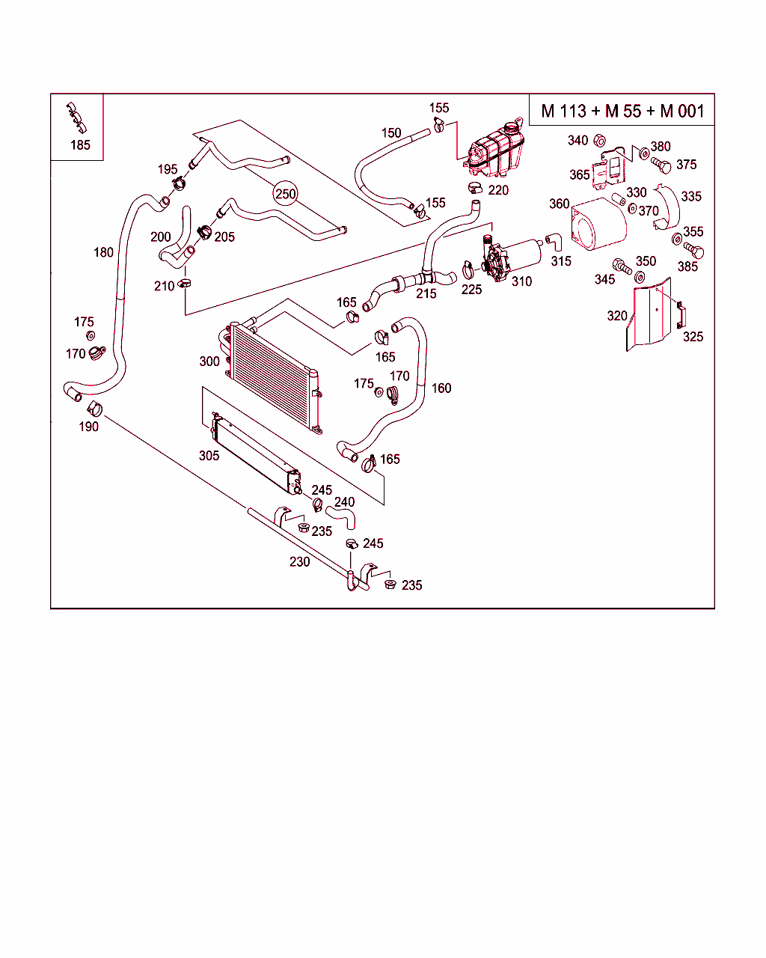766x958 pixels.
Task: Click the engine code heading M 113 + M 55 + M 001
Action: (x=622, y=111)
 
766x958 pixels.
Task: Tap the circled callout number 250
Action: (x=285, y=194)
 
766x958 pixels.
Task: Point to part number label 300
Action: (x=209, y=361)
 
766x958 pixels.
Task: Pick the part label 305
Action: (x=209, y=455)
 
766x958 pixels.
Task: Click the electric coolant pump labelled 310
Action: (x=511, y=260)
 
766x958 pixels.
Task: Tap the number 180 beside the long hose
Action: (x=103, y=252)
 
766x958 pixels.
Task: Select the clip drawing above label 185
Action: (x=76, y=118)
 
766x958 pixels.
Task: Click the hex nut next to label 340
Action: (x=599, y=141)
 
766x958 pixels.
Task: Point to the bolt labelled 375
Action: (x=661, y=165)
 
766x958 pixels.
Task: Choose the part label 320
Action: (x=617, y=316)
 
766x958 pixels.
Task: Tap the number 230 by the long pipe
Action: (x=299, y=562)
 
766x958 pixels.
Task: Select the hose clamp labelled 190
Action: (x=95, y=409)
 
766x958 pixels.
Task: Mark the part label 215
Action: (x=426, y=294)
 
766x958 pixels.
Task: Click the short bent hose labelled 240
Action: (x=341, y=518)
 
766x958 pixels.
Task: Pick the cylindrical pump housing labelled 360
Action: (x=598, y=224)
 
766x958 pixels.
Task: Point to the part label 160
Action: (x=441, y=388)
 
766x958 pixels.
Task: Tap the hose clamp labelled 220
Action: (x=475, y=188)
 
